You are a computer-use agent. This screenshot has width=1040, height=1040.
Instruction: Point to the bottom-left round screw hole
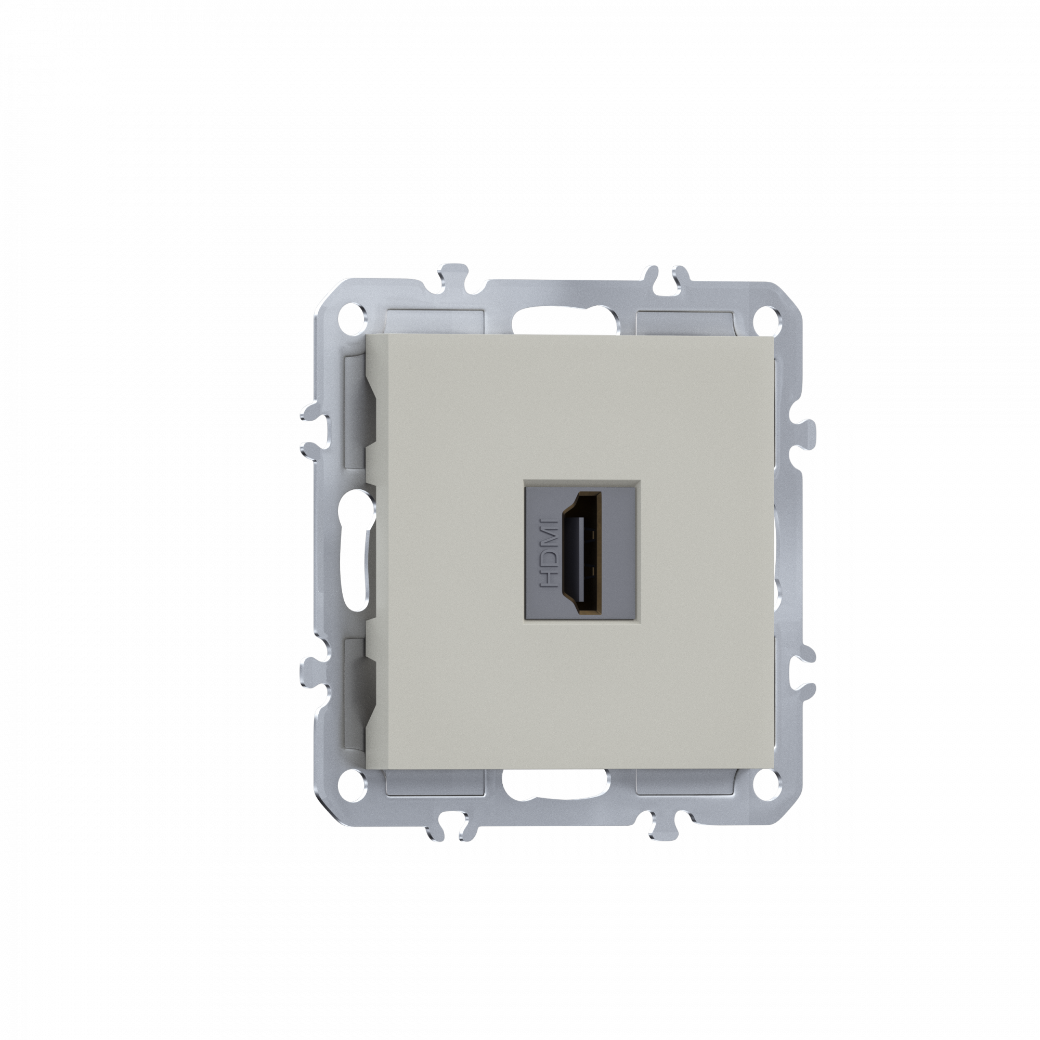click(x=353, y=792)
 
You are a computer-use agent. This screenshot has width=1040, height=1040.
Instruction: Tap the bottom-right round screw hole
click(x=766, y=792)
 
